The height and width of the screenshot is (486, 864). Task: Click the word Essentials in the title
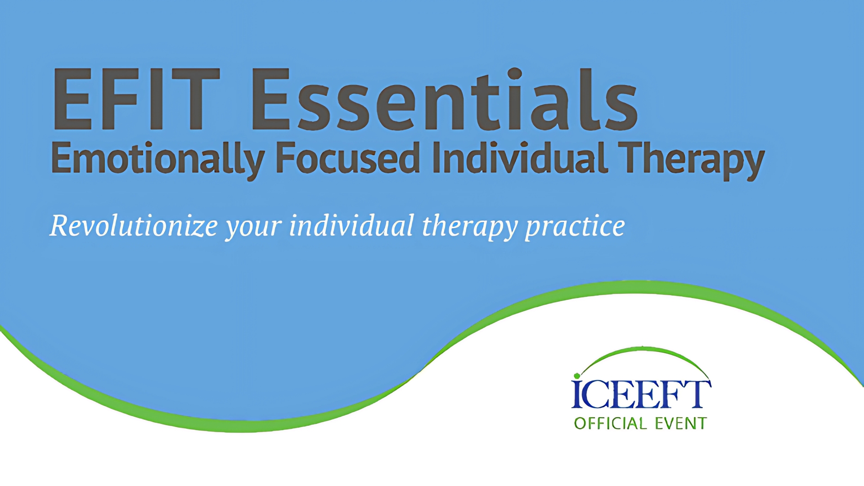[x=445, y=99]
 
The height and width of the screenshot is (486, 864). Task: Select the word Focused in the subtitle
[x=347, y=157]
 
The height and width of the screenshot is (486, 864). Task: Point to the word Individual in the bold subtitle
[x=520, y=157]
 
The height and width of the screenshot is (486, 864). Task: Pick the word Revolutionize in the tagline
[x=134, y=225]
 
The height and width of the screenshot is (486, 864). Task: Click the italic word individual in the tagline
[x=351, y=225]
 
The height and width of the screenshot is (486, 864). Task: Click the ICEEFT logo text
[x=641, y=394]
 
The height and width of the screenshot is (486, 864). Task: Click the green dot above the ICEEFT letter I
[x=577, y=376]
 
